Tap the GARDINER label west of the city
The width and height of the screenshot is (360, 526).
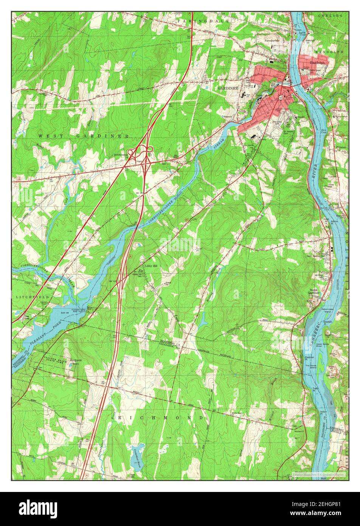(x=228, y=88)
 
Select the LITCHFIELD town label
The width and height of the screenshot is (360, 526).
(x=28, y=297)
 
